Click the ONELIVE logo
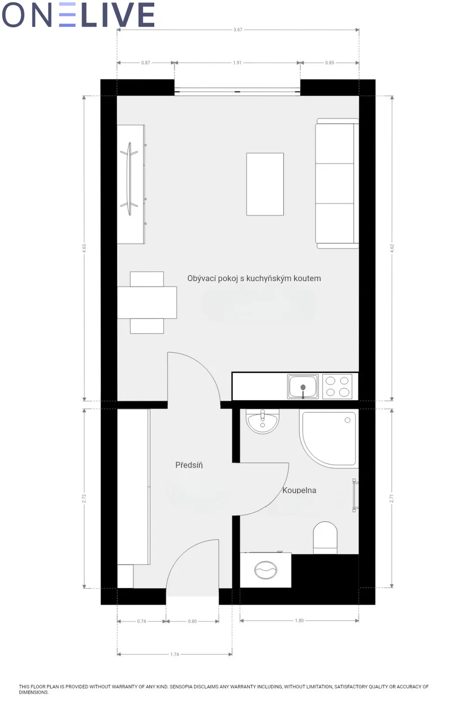click(x=79, y=15)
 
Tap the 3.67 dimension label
click(x=238, y=30)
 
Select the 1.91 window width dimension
click(x=237, y=63)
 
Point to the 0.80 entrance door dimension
click(x=192, y=621)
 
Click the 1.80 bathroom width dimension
click(x=299, y=621)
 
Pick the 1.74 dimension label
click(x=174, y=654)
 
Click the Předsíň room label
click(x=189, y=465)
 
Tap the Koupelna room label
click(x=299, y=490)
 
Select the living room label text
click(x=254, y=278)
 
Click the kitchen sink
click(x=303, y=387)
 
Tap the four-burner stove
click(x=337, y=387)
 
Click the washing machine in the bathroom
click(x=265, y=570)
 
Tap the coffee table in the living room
click(x=265, y=184)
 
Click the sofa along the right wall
click(x=337, y=184)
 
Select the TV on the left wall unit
click(x=129, y=179)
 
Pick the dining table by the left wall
click(x=147, y=303)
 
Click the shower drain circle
click(x=348, y=420)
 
